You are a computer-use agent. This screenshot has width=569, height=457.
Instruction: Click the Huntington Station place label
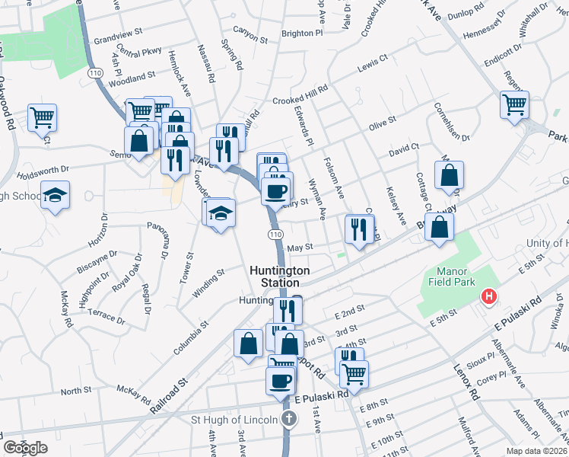tap(281, 276)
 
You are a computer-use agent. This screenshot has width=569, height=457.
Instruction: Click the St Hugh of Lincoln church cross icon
tap(289, 419)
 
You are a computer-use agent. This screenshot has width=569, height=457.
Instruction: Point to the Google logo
tap(26, 448)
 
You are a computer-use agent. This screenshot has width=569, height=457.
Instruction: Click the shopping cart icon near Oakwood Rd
tap(42, 117)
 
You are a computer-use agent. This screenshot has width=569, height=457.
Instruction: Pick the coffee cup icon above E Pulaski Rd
tap(280, 380)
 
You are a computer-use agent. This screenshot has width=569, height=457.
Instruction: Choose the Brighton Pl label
tap(297, 34)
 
